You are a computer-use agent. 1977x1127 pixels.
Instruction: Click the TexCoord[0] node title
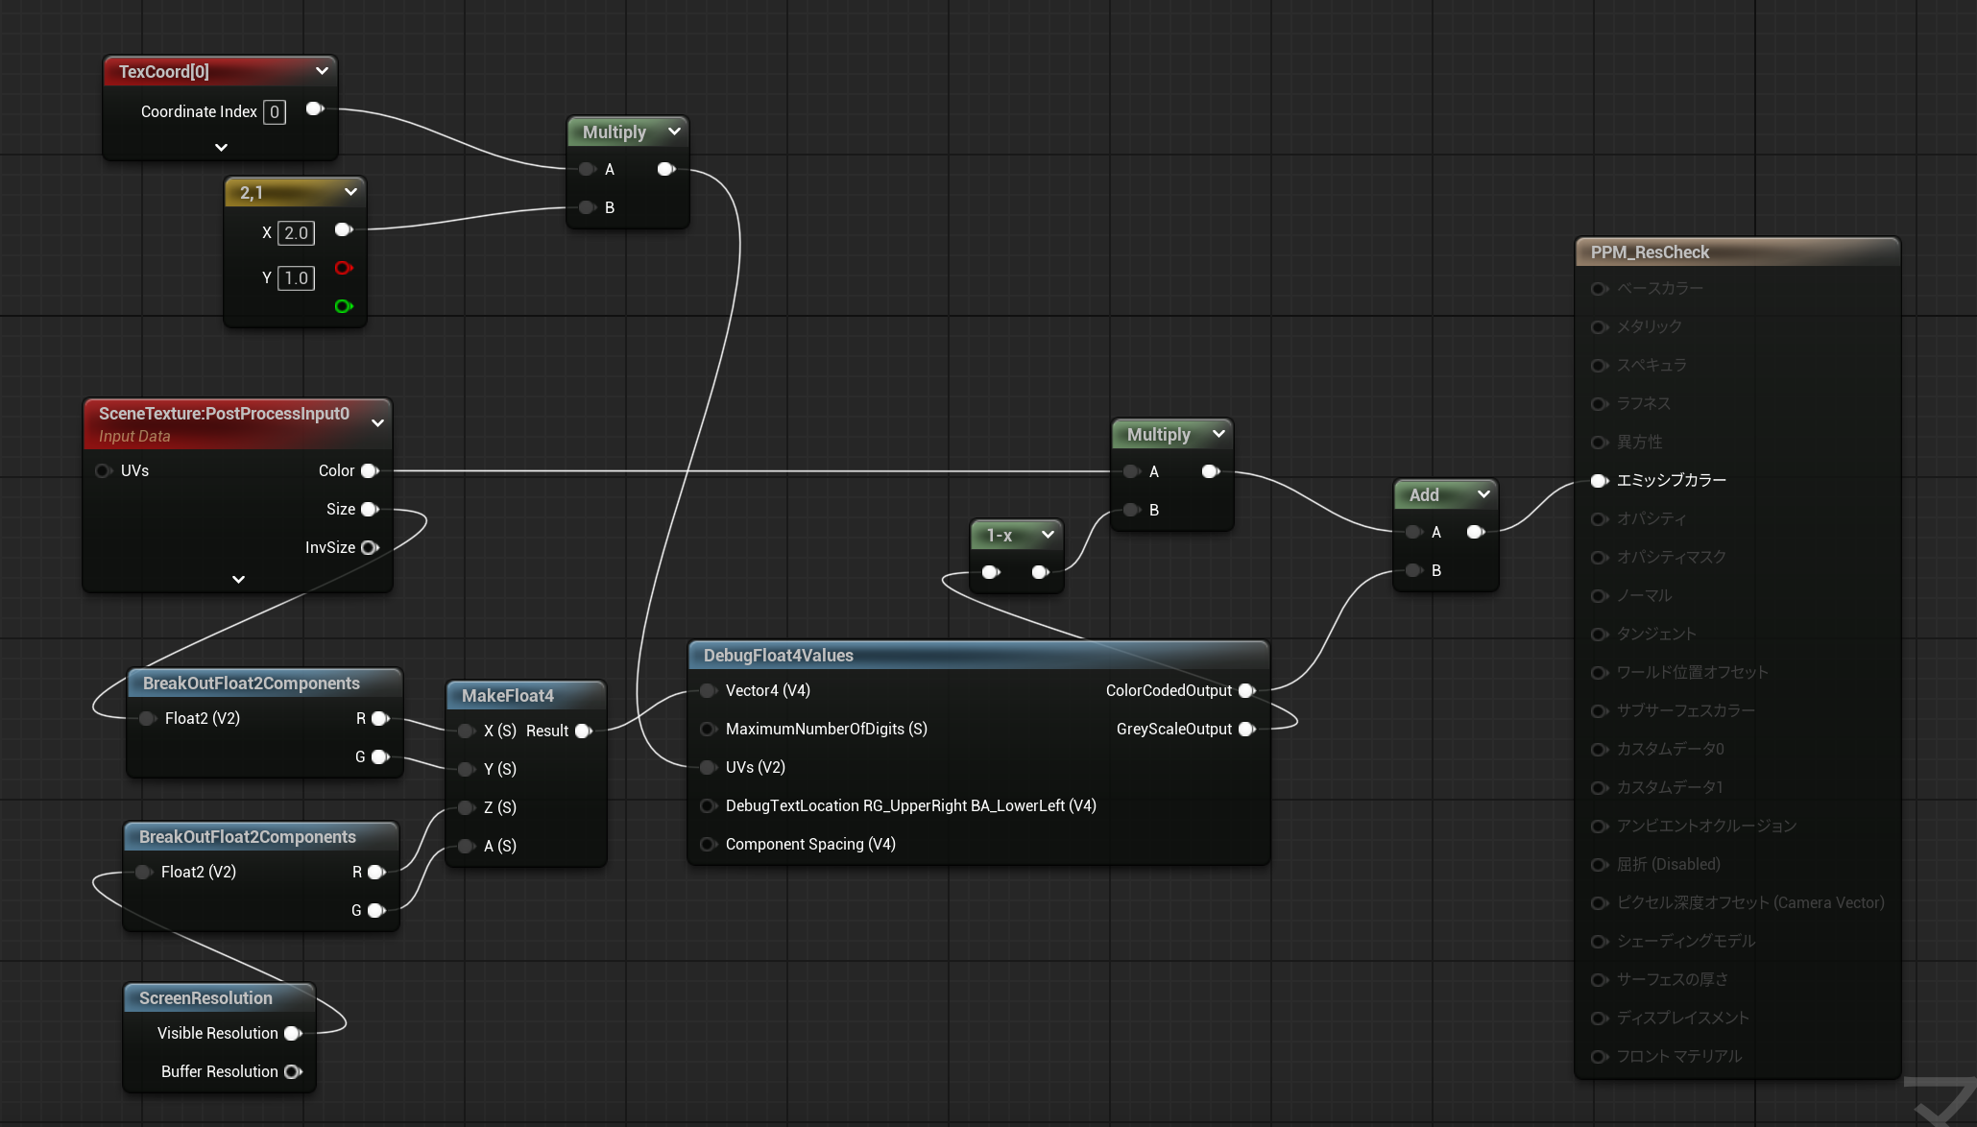point(164,72)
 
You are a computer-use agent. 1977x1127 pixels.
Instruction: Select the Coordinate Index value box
point(275,112)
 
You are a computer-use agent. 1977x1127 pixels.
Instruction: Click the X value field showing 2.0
point(296,233)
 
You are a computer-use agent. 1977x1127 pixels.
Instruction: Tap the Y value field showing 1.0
point(296,278)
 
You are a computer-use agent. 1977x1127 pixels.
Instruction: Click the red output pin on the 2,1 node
point(343,268)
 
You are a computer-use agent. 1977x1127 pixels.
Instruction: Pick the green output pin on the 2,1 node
point(343,306)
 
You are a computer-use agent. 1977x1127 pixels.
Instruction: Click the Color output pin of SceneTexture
point(369,471)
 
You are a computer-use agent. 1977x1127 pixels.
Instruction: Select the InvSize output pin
point(369,548)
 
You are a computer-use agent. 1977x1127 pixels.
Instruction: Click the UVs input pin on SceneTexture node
point(103,471)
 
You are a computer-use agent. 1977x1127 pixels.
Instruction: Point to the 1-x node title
point(1000,536)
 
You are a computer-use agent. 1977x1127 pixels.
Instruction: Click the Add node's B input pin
point(1413,571)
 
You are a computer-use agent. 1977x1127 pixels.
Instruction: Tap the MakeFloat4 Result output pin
point(582,731)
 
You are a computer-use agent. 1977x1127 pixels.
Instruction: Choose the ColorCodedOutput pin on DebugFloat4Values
point(1246,691)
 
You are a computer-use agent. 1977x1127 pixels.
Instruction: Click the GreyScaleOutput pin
point(1246,730)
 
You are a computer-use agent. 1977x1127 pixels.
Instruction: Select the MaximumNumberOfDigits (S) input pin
point(708,730)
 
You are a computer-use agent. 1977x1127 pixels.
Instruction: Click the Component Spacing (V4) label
point(810,845)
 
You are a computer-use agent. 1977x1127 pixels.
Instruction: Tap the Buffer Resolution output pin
point(292,1072)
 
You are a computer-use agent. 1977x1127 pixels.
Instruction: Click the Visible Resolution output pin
point(292,1034)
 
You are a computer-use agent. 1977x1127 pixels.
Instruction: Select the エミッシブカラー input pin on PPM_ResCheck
point(1599,481)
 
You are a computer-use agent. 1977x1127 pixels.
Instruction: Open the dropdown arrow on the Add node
point(1483,494)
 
